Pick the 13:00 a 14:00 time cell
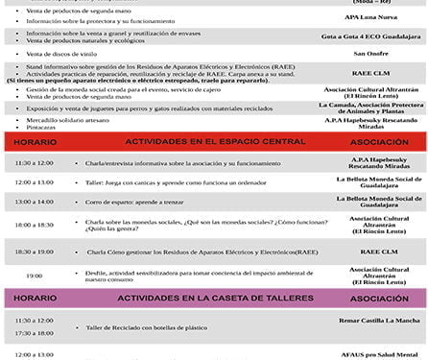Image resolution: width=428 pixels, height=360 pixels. [x=35, y=203]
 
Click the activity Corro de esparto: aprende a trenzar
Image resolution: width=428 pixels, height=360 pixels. [x=144, y=203]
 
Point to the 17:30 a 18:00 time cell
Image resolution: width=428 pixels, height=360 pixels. [x=35, y=334]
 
